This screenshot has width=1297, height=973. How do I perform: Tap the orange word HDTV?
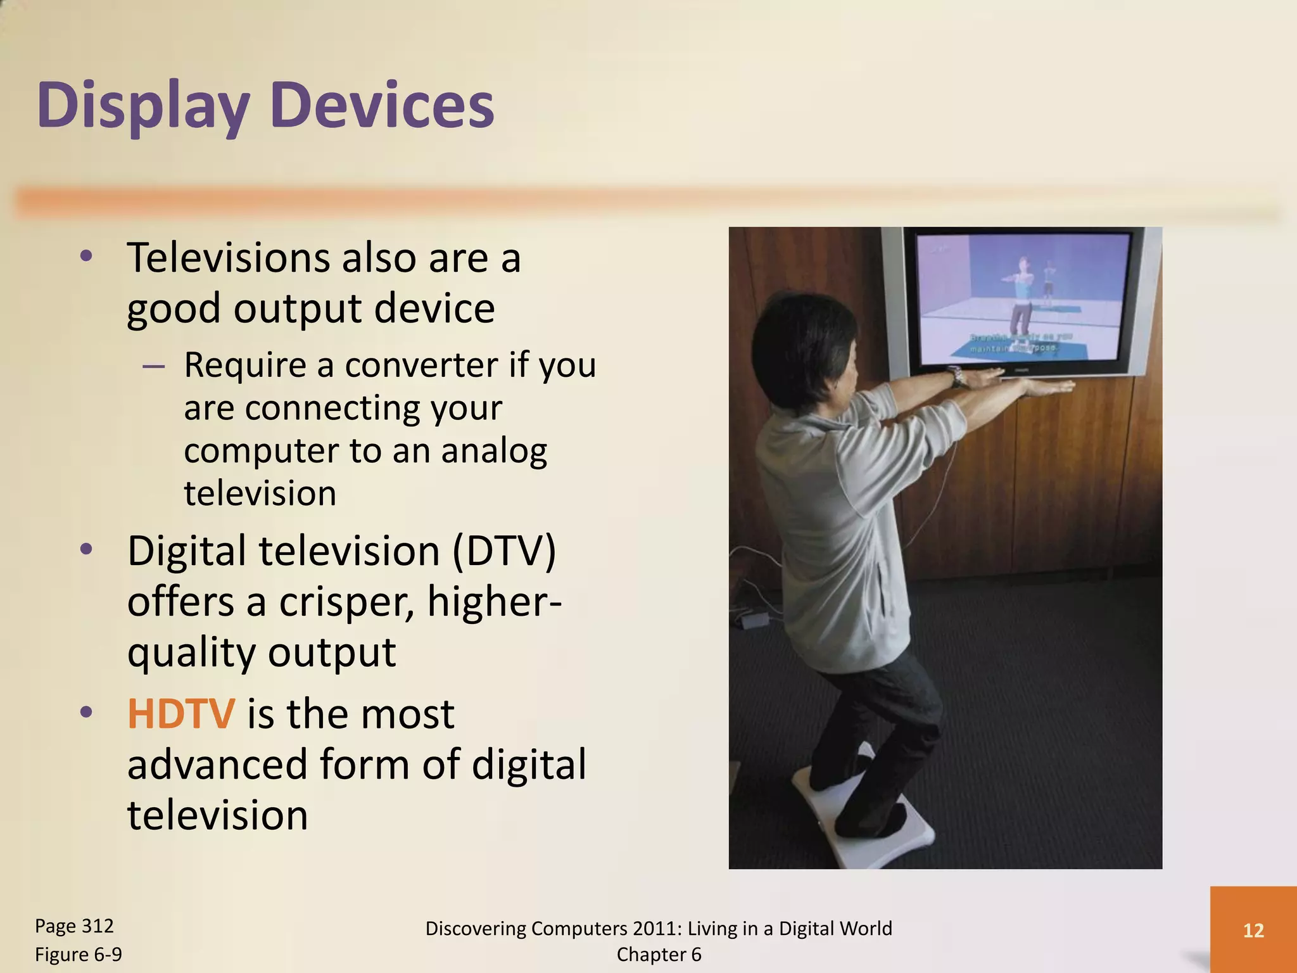click(181, 714)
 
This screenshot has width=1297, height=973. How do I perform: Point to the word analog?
click(493, 451)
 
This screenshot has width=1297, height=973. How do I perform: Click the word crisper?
click(346, 601)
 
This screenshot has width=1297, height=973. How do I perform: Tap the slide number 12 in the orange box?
click(1253, 930)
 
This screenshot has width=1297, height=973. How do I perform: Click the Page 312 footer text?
click(74, 926)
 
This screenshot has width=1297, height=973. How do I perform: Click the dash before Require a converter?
click(154, 366)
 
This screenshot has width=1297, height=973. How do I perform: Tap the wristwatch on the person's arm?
click(958, 378)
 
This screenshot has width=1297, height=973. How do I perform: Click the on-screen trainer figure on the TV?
click(1021, 298)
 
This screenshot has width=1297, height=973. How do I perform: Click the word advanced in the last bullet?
click(217, 764)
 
